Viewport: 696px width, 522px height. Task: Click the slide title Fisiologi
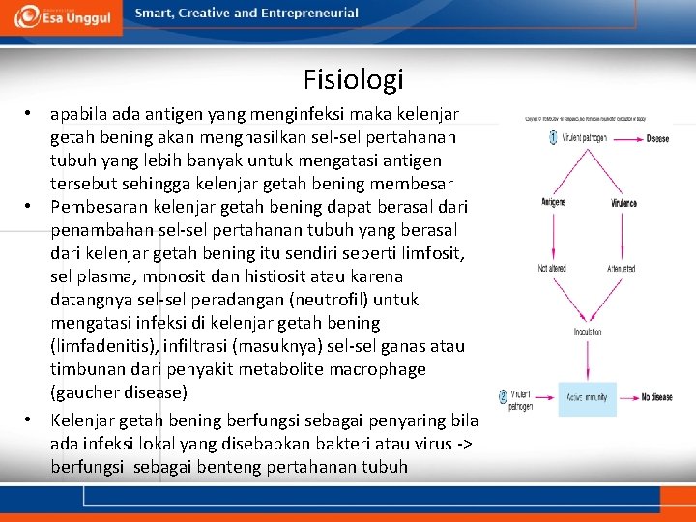tap(353, 78)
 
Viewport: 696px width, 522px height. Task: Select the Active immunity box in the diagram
tap(587, 398)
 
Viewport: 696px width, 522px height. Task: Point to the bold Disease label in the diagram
tap(657, 139)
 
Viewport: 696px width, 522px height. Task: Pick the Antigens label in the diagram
tap(553, 203)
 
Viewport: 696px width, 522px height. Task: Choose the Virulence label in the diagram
tap(623, 203)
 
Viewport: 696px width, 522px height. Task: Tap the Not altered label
tap(552, 268)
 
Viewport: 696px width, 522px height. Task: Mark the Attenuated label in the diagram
tap(623, 268)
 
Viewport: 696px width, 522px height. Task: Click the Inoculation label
tap(587, 332)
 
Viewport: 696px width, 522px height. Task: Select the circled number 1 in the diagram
tap(553, 138)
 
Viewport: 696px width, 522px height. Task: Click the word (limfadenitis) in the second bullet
tap(101, 346)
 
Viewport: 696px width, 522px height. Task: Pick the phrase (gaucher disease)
tap(118, 392)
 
